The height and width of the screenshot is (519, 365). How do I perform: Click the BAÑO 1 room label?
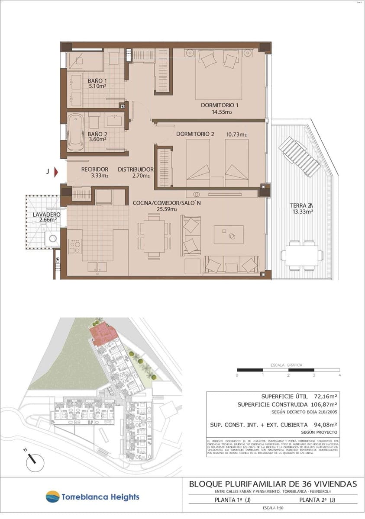(97, 81)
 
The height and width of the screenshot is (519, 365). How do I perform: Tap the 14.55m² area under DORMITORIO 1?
(222, 112)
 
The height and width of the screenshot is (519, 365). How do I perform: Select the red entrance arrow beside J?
(56, 173)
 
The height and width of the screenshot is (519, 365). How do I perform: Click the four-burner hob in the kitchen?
(75, 247)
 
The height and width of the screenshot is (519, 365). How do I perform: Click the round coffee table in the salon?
(231, 236)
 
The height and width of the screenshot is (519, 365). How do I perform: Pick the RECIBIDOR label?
(94, 170)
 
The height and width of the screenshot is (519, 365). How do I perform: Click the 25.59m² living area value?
(167, 209)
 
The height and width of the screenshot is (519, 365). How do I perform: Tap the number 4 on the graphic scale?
(340, 375)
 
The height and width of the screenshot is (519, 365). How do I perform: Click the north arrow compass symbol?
(31, 464)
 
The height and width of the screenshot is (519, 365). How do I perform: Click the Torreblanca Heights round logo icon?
(52, 497)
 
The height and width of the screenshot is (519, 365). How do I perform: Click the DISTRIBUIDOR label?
(136, 170)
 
